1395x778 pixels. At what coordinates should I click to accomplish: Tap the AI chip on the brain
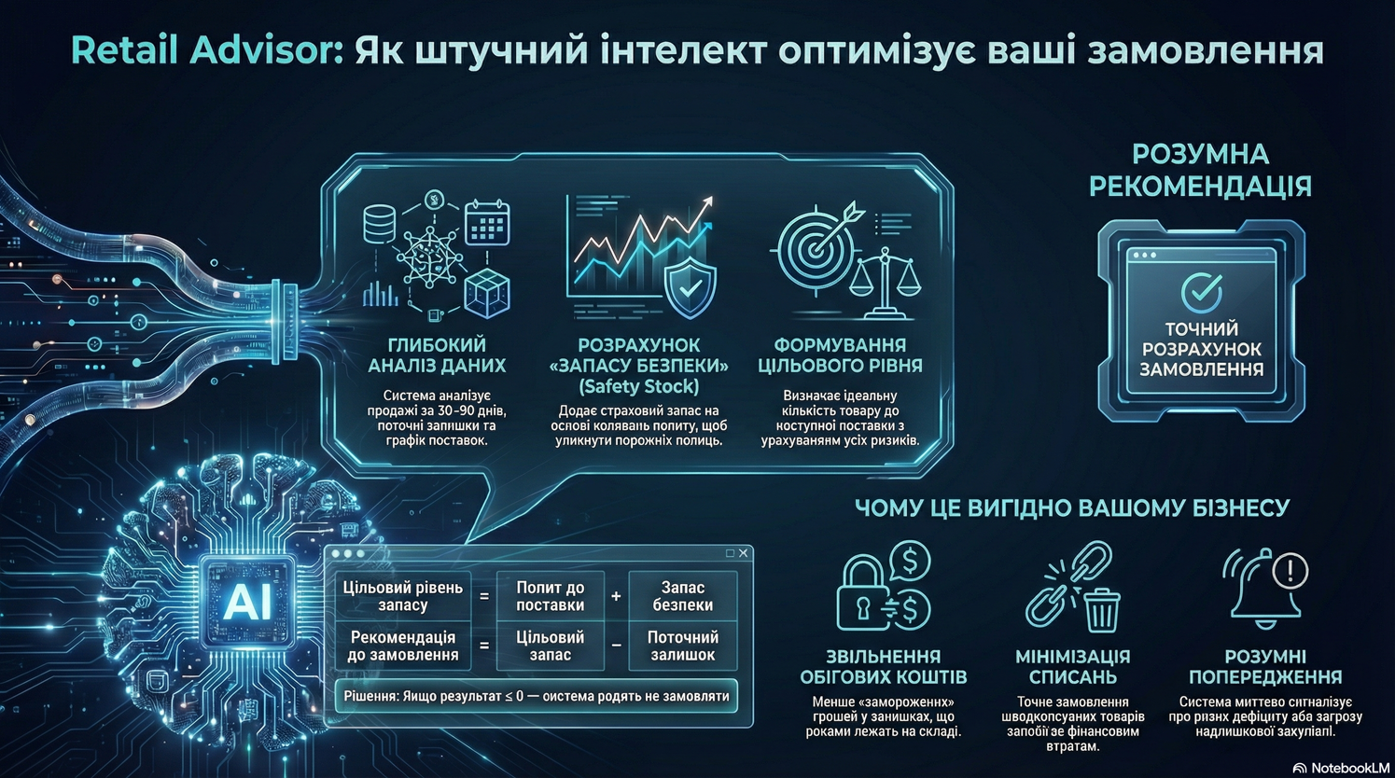247,602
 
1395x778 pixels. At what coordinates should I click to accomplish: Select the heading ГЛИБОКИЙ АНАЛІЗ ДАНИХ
437,355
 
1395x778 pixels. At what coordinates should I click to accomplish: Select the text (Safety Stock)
638,386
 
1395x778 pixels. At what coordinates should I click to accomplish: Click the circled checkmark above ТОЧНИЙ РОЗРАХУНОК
1201,292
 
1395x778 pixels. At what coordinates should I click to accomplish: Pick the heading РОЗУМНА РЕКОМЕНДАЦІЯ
1200,170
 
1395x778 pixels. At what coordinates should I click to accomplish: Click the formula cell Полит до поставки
550,596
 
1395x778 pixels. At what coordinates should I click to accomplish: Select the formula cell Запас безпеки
682,596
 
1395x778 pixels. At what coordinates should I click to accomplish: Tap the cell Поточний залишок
682,646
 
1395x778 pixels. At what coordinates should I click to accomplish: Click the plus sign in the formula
616,596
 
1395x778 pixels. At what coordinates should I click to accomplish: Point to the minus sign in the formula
616,646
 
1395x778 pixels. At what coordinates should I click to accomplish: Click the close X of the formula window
743,553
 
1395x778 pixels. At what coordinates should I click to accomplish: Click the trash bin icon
1102,609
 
